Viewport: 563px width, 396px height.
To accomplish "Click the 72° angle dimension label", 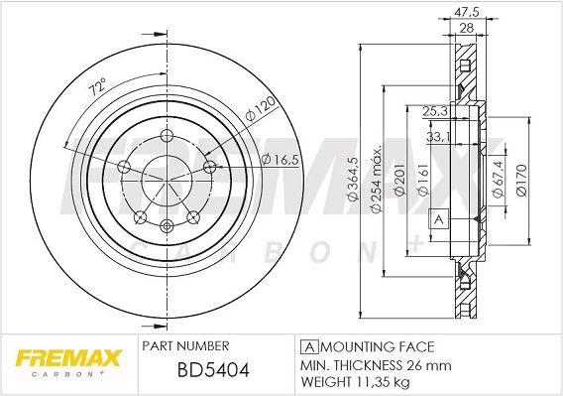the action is click(98, 87).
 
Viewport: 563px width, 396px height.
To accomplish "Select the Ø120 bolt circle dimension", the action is click(260, 108).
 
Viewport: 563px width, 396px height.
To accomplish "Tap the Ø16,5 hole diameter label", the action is click(281, 159).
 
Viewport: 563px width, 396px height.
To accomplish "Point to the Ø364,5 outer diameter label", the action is click(354, 179).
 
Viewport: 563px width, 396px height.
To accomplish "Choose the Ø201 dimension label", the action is click(400, 180).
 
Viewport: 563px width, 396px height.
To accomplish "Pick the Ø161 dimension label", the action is click(423, 180).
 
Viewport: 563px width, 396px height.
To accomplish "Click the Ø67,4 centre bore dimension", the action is click(499, 180).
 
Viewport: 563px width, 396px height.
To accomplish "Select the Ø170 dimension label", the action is click(521, 180).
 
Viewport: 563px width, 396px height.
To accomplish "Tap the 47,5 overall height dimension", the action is click(467, 12).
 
